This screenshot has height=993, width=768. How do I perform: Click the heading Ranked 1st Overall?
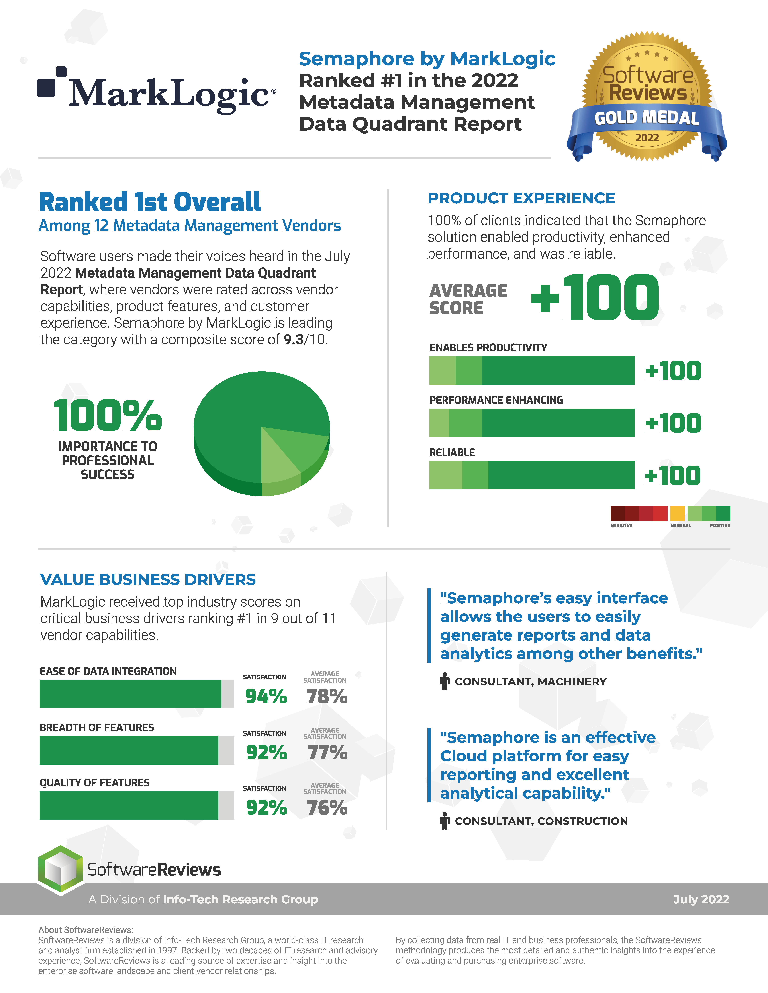pyautogui.click(x=150, y=202)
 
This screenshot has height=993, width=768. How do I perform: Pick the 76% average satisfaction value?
pyautogui.click(x=327, y=807)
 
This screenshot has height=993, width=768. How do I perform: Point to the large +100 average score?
pyautogui.click(x=595, y=298)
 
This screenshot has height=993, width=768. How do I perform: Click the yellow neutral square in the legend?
pyautogui.click(x=677, y=513)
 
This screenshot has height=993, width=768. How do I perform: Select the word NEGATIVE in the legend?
pyautogui.click(x=621, y=526)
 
